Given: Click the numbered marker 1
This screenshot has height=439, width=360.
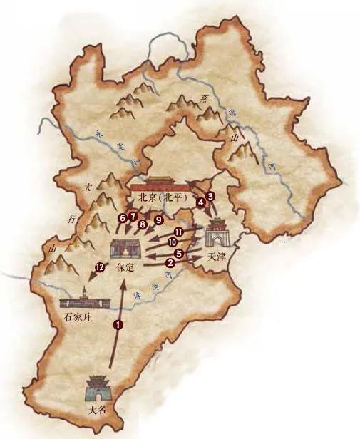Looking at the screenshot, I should click(x=118, y=324).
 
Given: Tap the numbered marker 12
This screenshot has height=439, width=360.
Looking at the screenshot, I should click(x=98, y=267).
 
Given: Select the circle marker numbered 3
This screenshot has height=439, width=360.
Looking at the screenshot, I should click(x=210, y=195).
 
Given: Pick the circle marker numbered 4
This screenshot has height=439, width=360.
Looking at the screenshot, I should click(x=201, y=202).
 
